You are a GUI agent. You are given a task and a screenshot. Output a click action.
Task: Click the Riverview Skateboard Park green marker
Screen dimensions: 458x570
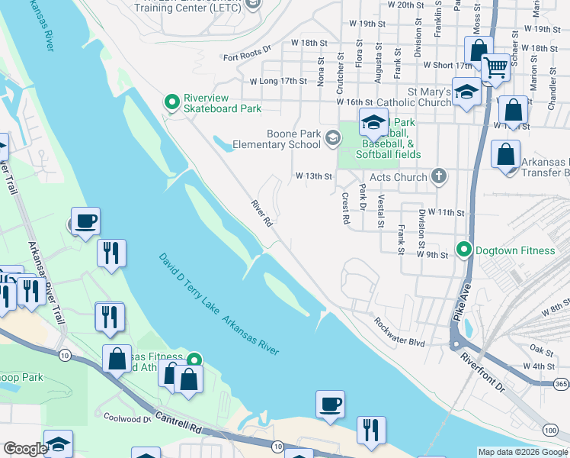pyautogui.click(x=173, y=101)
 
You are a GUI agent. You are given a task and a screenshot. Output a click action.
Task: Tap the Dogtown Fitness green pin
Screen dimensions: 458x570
pyautogui.click(x=463, y=250)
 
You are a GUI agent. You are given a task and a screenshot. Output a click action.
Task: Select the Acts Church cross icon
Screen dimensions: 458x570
pyautogui.click(x=438, y=176)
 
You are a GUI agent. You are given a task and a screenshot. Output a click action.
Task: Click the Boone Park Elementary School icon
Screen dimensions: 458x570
pyautogui.click(x=331, y=137)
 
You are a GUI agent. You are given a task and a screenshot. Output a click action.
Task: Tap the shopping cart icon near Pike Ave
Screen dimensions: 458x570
pyautogui.click(x=495, y=69)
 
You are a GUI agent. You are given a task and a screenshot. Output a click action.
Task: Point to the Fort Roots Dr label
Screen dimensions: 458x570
pyautogui.click(x=247, y=56)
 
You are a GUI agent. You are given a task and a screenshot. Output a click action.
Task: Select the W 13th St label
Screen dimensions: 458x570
pyautogui.click(x=314, y=176)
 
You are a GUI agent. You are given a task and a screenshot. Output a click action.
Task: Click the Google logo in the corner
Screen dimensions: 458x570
pyautogui.click(x=24, y=449)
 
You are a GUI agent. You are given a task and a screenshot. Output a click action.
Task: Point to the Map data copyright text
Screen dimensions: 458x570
pyautogui.click(x=522, y=452)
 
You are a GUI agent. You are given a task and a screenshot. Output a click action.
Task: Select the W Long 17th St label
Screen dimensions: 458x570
pyautogui.click(x=278, y=81)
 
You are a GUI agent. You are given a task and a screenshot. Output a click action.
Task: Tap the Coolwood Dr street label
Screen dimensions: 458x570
pyautogui.click(x=127, y=418)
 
